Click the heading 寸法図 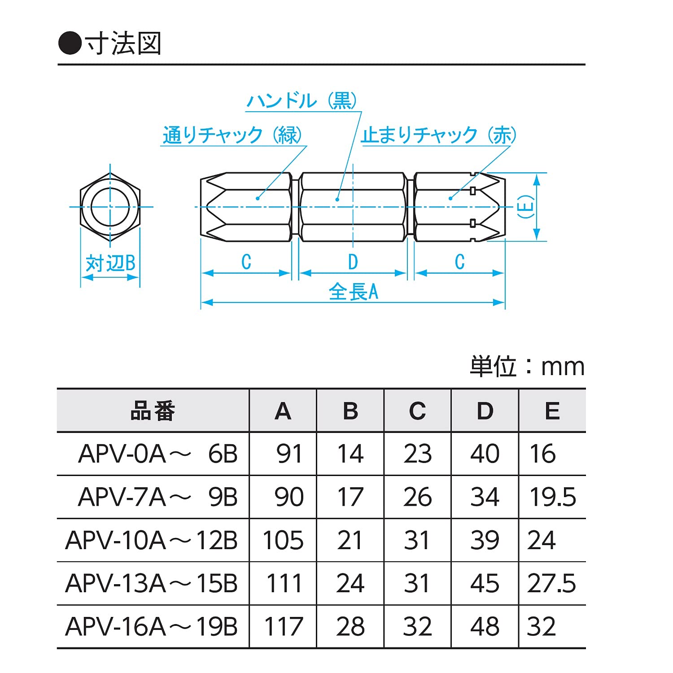coord(123,44)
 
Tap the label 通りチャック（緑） coord(232,135)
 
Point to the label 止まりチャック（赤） coord(439,135)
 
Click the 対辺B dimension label coord(110,263)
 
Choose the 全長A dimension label coord(353,292)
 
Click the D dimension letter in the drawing coord(353,262)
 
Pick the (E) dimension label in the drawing coord(526,207)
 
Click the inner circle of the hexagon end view coord(110,207)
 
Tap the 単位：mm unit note coord(527,367)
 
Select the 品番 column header coord(153,411)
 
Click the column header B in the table coord(350,411)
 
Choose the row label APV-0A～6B coord(157,454)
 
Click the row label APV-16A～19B coord(152,626)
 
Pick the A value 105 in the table coord(283,540)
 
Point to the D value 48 coord(485,626)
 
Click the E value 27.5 coord(552,583)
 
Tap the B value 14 coord(350,454)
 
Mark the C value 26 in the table coord(417,497)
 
